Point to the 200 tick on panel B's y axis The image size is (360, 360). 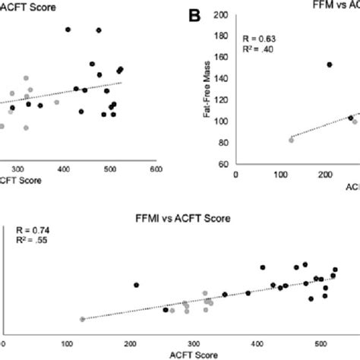pyautogui.click(x=222, y=15)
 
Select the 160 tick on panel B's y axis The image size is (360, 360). pyautogui.click(x=222, y=58)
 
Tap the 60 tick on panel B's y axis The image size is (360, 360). pyautogui.click(x=223, y=164)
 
